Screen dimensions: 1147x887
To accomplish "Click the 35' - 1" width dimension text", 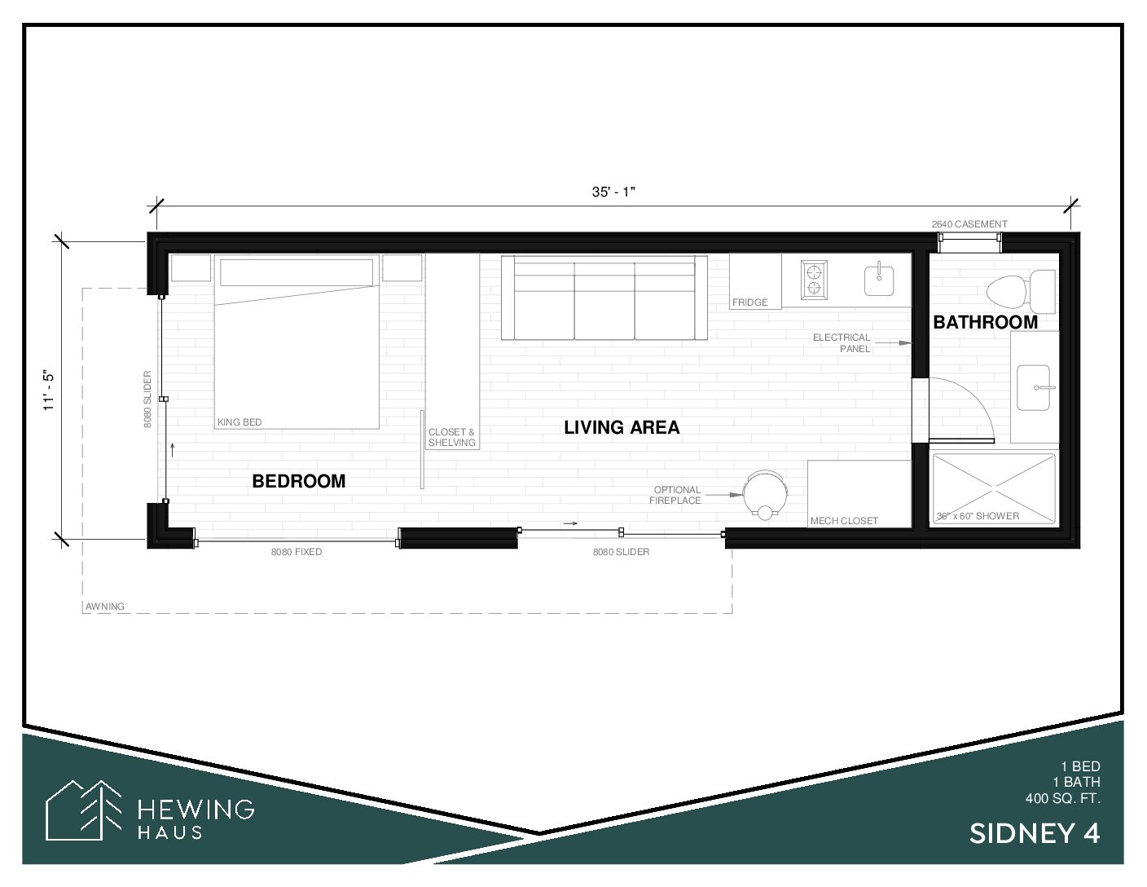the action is click(x=613, y=192).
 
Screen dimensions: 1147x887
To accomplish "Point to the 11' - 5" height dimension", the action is click(x=49, y=391).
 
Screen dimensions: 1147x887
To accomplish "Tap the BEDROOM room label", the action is click(x=299, y=481).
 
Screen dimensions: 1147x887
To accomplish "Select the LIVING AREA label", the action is click(x=622, y=427).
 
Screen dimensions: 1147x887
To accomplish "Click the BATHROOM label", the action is click(x=986, y=322).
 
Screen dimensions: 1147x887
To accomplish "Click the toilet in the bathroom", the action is click(x=1021, y=291).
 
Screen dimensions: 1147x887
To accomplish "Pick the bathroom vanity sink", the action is click(x=1034, y=388).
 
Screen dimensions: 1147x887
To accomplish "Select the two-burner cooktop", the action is click(x=813, y=280).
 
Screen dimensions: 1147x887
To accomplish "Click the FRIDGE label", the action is click(x=749, y=302).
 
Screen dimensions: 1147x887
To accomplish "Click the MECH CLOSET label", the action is click(x=844, y=521).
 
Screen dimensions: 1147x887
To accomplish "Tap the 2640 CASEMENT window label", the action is click(x=969, y=224).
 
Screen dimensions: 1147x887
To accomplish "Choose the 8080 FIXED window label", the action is click(x=297, y=552).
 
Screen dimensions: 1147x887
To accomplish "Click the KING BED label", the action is click(x=240, y=422).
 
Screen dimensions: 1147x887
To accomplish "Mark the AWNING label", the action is click(x=105, y=607).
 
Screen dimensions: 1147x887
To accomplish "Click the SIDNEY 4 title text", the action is click(x=1035, y=834).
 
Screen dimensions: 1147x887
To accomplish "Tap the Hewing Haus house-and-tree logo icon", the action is click(x=84, y=810).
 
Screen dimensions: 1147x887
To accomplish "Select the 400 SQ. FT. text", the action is click(x=1063, y=798).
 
